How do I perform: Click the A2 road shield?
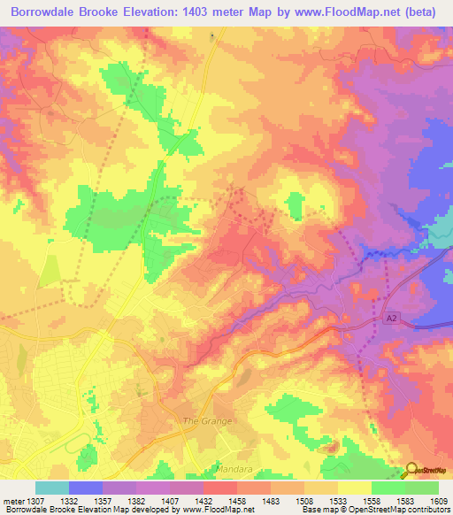pos(393,316)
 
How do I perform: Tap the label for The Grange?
pos(207,421)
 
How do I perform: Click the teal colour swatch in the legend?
pos(52,488)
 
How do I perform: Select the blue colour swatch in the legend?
pos(86,488)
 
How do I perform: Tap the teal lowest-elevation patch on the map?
pos(441,231)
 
